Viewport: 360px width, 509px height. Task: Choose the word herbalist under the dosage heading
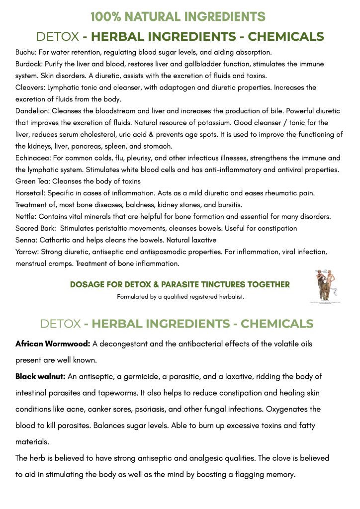pos(229,297)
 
